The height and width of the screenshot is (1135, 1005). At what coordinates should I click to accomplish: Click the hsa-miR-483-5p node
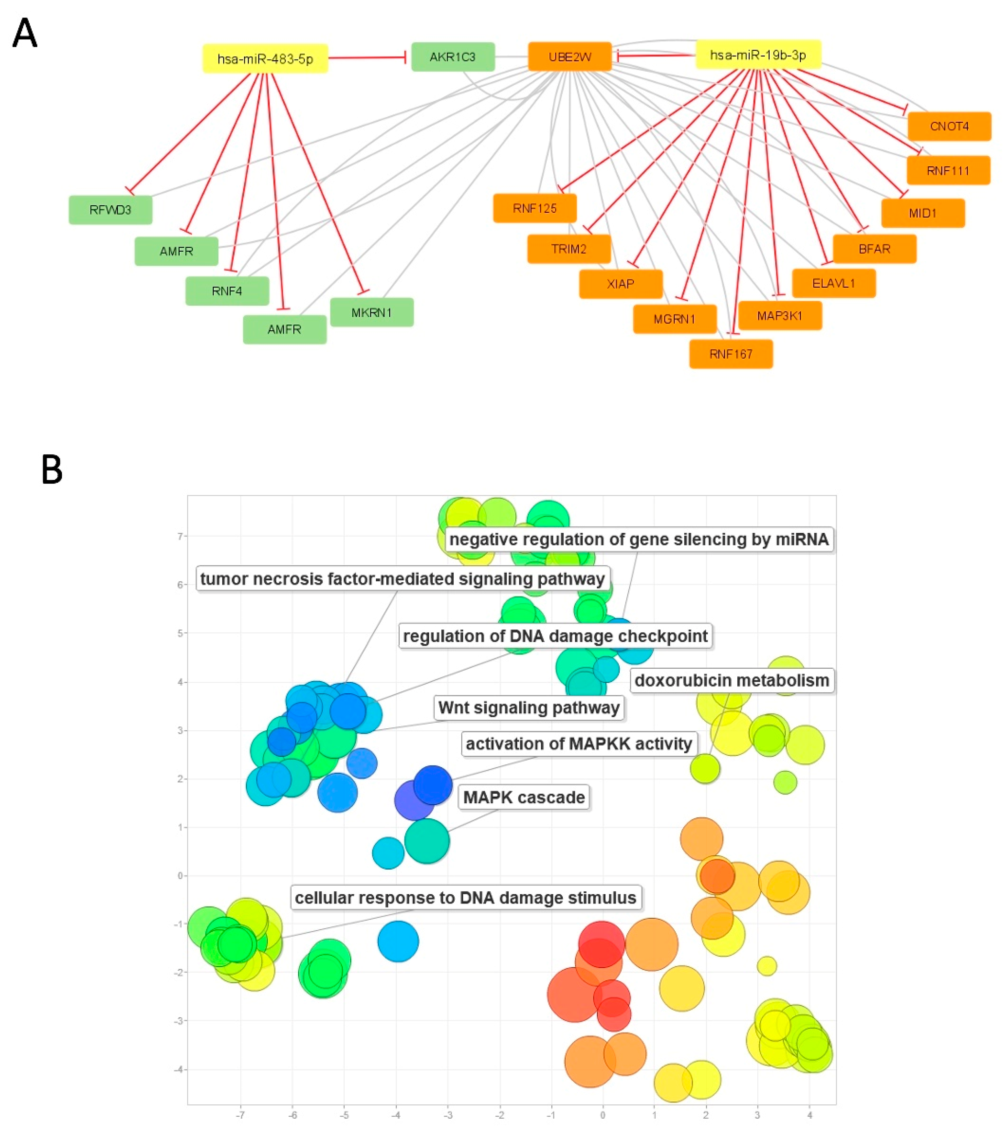[x=265, y=58]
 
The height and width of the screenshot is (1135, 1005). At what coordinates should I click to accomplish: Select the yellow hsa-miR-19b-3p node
[x=758, y=55]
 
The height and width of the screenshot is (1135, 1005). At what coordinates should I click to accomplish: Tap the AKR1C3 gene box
[x=453, y=57]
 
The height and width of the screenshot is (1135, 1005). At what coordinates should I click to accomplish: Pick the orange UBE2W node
[x=570, y=57]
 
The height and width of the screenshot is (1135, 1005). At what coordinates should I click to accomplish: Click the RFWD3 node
[x=110, y=210]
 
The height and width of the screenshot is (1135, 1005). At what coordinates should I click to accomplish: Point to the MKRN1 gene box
[x=371, y=313]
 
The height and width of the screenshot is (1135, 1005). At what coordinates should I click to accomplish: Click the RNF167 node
[x=731, y=354]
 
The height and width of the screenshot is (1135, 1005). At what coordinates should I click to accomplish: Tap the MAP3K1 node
[x=780, y=316]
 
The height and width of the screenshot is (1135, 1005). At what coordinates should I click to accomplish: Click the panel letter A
[x=25, y=33]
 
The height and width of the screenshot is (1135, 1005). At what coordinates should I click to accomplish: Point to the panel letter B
[x=52, y=470]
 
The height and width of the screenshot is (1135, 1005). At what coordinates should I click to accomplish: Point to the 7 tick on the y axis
[x=180, y=536]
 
